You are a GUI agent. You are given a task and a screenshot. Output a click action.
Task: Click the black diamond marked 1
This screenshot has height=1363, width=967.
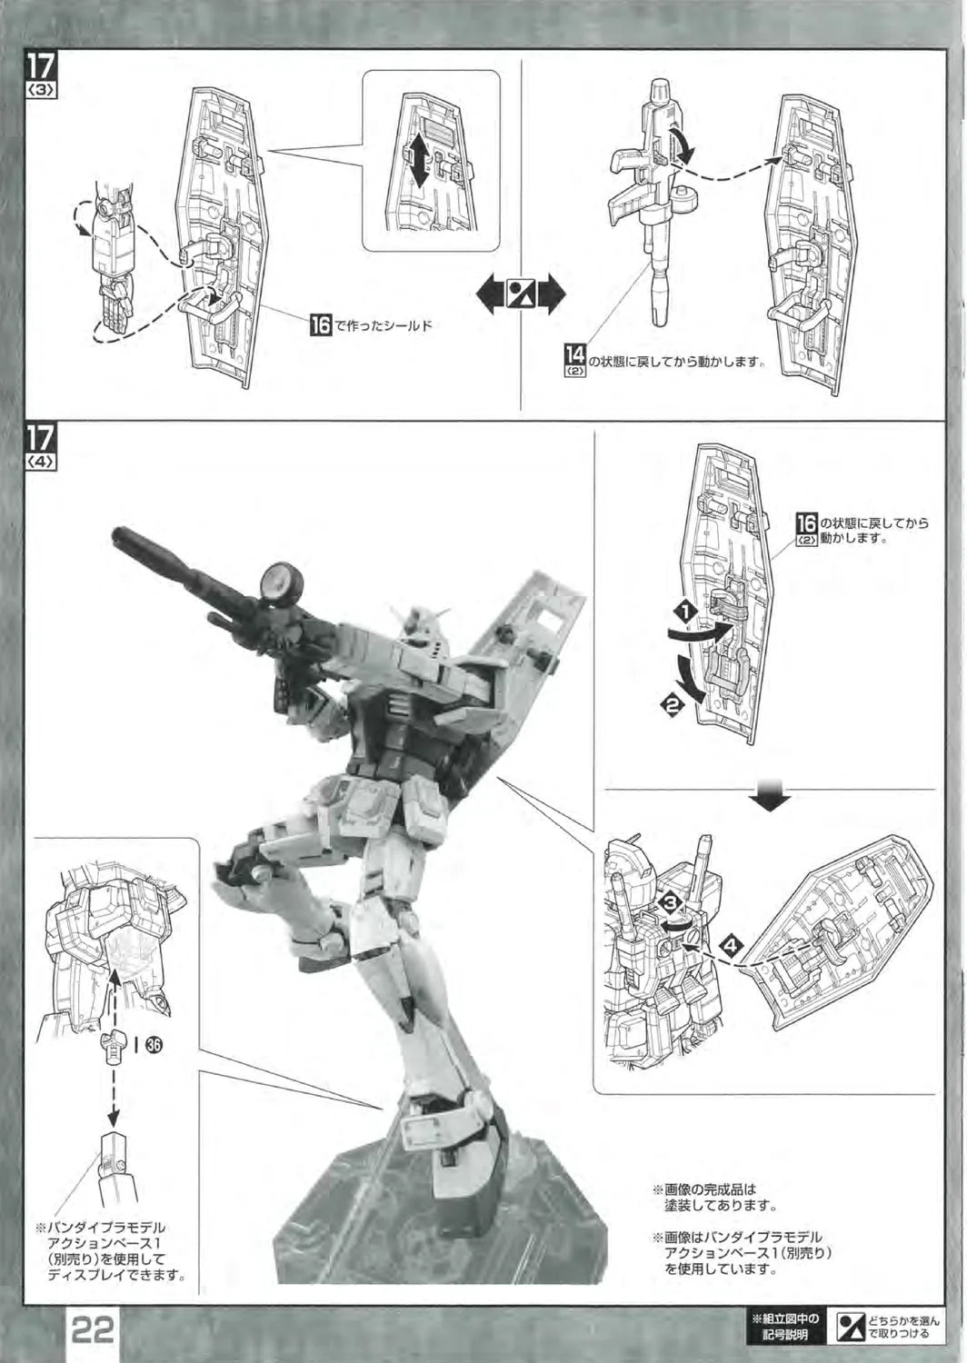click(x=686, y=612)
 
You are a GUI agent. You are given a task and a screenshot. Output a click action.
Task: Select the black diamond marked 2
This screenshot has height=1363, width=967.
click(x=672, y=706)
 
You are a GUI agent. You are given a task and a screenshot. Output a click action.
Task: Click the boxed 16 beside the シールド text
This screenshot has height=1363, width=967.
click(x=320, y=325)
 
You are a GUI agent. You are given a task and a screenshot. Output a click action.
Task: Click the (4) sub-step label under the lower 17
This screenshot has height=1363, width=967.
click(x=42, y=463)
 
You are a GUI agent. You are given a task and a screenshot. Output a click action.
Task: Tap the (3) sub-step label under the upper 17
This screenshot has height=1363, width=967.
click(x=42, y=90)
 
